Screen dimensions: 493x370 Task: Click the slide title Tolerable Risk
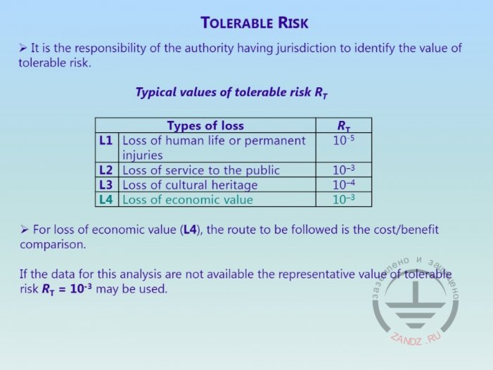(255, 23)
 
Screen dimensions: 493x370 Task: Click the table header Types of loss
(205, 125)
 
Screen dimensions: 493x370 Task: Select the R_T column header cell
(344, 126)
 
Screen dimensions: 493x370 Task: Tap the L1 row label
(105, 141)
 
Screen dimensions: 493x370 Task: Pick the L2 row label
(105, 170)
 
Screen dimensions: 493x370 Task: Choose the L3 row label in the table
(105, 185)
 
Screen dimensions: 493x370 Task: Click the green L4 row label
(105, 200)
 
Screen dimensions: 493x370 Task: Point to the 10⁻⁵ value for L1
(344, 140)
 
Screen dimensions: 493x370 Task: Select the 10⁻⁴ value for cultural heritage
(344, 184)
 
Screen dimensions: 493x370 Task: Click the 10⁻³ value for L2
(344, 170)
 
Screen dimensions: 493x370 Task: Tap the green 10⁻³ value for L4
(344, 199)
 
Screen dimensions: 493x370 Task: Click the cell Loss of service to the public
(201, 170)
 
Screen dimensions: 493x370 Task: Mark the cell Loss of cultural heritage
(190, 185)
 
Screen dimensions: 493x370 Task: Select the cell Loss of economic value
(188, 200)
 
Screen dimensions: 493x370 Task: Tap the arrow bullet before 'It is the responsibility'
(23, 48)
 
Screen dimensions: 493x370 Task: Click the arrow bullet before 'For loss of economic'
(24, 230)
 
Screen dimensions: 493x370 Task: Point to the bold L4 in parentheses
(191, 230)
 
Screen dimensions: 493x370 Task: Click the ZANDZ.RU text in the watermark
(416, 339)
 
